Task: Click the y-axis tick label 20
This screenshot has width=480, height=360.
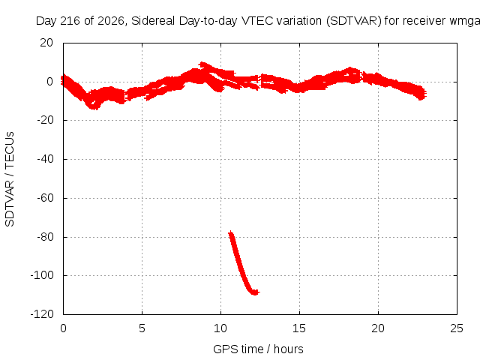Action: [x=46, y=43]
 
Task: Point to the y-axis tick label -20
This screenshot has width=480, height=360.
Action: [x=45, y=120]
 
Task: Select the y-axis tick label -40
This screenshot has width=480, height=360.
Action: [x=45, y=159]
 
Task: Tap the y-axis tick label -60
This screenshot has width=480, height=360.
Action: [x=45, y=198]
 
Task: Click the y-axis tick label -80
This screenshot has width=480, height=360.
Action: [x=45, y=237]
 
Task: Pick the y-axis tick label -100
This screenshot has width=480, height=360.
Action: [x=42, y=275]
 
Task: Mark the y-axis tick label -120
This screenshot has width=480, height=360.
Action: [x=42, y=314]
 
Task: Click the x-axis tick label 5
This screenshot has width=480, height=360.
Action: [x=142, y=328]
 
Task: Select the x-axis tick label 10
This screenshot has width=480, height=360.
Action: [x=220, y=328]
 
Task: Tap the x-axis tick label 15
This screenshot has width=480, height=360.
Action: [x=299, y=328]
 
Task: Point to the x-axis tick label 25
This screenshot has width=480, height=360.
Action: [x=457, y=328]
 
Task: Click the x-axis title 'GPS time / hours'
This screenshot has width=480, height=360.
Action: [x=258, y=349]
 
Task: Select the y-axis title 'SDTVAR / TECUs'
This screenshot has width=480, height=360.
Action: [x=10, y=179]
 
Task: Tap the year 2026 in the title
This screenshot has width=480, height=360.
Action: [x=111, y=21]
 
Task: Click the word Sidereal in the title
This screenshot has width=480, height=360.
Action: [x=153, y=21]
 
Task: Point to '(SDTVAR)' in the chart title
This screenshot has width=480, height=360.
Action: [x=354, y=21]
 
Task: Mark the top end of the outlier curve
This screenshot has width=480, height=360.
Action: [x=231, y=233]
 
